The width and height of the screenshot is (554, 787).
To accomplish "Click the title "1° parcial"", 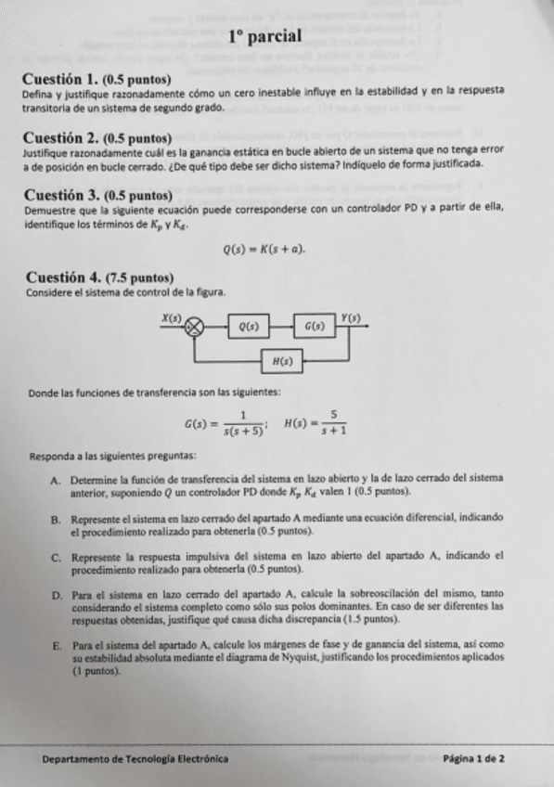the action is point(265,37).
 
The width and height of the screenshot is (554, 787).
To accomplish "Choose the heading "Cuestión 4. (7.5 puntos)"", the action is point(99,277).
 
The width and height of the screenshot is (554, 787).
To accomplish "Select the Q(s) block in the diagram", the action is point(249,327).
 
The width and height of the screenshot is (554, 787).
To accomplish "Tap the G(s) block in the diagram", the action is point(315,327).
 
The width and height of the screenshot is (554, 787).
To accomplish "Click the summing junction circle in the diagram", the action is point(194,327).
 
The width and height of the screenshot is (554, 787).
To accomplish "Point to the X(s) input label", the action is point(172,317).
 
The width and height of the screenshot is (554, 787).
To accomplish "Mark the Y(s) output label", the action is point(350,317).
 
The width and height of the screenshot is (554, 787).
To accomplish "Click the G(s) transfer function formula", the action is point(225,422).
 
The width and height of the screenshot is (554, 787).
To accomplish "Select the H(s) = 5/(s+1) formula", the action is point(315,422).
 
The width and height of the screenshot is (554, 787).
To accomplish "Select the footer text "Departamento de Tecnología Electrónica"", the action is point(135,759).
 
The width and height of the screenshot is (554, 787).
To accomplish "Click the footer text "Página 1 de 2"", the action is point(474,759).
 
